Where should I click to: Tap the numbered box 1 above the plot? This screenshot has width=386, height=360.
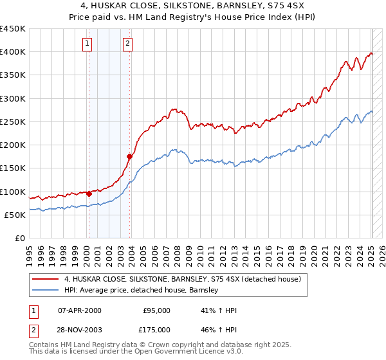point(87,44)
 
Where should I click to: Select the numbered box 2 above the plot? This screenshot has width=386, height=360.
point(127,44)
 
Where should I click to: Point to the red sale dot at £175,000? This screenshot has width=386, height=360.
point(129,156)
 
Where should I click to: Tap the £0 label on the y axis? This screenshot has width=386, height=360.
point(19,238)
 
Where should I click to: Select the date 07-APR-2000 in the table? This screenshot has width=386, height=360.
point(80,310)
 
